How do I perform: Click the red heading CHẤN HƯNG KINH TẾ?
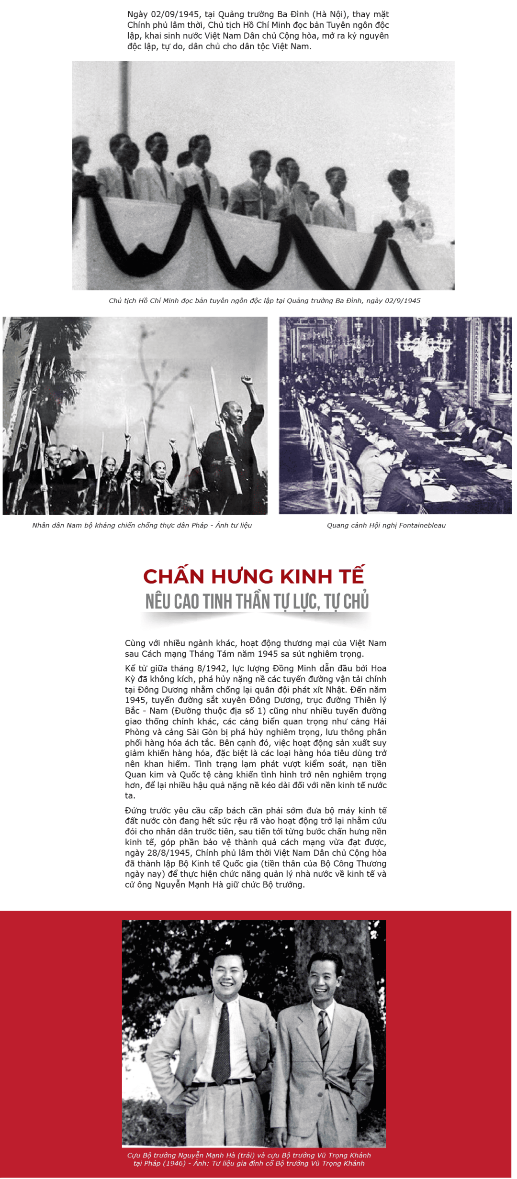coord(254,576)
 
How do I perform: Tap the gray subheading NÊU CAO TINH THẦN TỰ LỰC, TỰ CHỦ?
coord(257,601)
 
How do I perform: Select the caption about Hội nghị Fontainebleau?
coord(386,525)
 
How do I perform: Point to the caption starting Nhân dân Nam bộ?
coord(142,525)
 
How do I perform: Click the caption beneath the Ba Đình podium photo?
coord(264,301)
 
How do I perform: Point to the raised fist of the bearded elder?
coord(247,381)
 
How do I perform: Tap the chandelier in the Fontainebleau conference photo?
coord(424,342)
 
